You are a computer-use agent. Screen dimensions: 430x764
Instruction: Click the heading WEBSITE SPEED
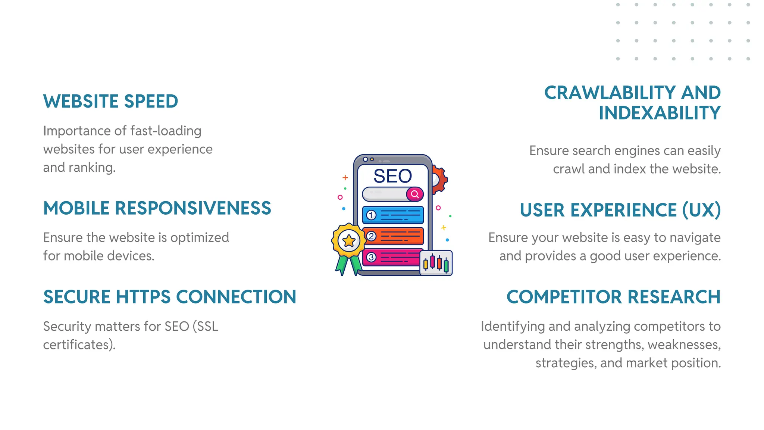110,102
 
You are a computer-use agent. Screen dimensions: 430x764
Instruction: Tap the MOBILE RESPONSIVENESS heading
157,208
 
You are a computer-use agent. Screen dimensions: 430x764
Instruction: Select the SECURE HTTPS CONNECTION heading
170,297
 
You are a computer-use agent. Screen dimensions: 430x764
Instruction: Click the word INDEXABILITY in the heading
659,113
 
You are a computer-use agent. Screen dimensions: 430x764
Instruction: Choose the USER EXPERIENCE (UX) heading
620,210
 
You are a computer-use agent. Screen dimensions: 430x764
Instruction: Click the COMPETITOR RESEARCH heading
613,297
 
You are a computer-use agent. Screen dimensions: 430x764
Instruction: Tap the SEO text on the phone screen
392,176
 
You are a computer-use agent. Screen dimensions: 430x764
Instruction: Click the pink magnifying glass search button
415,194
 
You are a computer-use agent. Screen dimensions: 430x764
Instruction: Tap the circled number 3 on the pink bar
371,257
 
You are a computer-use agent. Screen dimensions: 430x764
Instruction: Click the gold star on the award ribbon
349,241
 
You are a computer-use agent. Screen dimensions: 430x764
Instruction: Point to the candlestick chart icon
436,263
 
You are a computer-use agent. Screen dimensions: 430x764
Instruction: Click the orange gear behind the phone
440,180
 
